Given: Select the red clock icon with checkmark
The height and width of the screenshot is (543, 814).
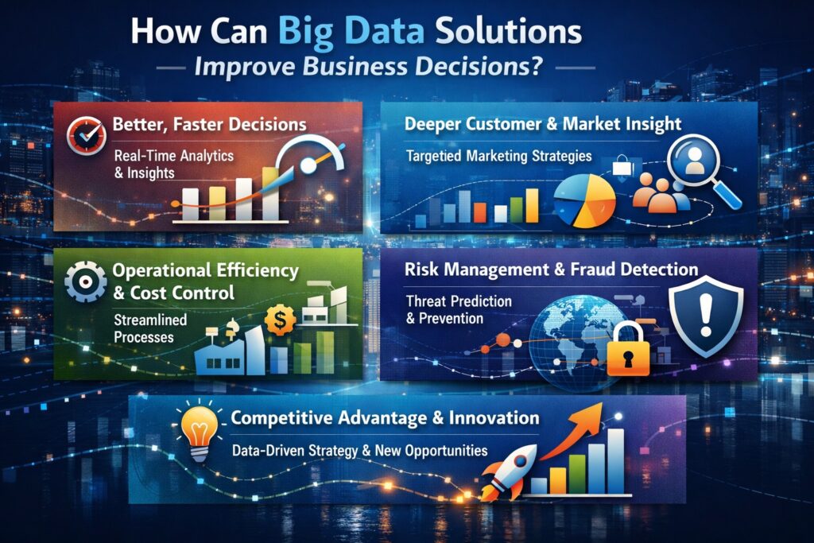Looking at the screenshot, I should coord(82,134).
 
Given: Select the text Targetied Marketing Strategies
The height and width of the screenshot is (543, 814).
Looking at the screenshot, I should coord(498,156).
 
